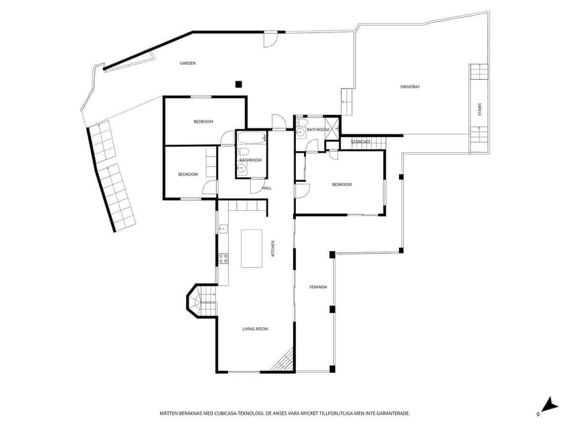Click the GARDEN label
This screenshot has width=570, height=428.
188,63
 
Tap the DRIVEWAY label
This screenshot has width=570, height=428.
410,87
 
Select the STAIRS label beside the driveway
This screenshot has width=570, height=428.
480,109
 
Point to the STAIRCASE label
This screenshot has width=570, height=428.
361,142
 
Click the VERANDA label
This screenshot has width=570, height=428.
317,287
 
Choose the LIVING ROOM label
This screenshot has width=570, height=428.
255,329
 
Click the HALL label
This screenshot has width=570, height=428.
267,188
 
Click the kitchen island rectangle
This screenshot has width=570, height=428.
252,248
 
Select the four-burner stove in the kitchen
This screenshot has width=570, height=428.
223,259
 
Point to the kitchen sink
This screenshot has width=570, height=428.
222,229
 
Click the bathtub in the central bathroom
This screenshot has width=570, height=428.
251,138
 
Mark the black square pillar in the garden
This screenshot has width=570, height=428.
238,84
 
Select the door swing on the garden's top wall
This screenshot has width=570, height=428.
270,40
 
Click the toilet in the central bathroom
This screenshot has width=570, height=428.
244,152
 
